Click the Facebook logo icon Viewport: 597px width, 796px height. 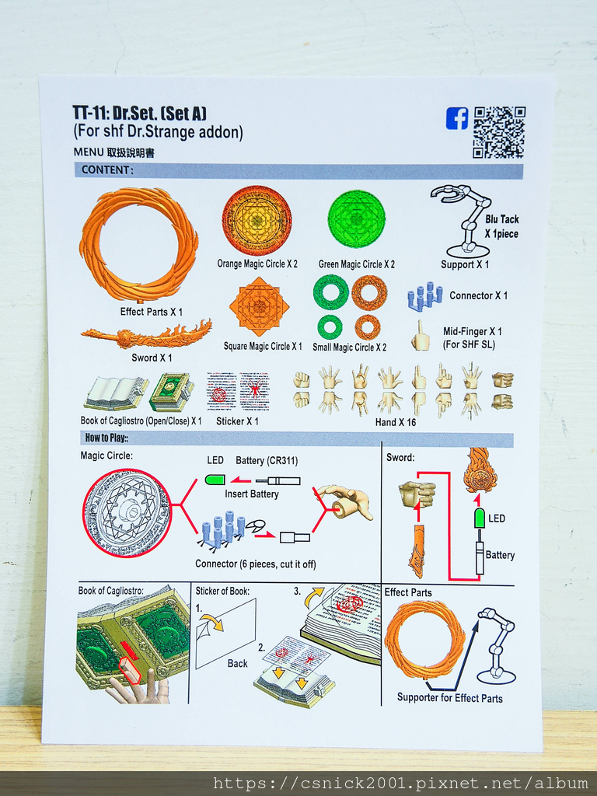(x=457, y=118)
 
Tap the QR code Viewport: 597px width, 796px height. (x=499, y=132)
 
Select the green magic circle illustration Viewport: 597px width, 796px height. (x=356, y=218)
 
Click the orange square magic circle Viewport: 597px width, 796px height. (x=259, y=306)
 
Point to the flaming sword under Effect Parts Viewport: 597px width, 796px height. (x=146, y=333)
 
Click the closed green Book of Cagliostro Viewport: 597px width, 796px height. (x=172, y=392)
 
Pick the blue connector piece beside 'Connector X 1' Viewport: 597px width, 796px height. (x=424, y=295)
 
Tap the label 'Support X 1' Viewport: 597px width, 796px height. (x=465, y=264)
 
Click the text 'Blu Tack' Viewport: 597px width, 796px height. (x=501, y=219)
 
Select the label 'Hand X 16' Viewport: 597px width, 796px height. (x=396, y=422)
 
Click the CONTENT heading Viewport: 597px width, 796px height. (x=107, y=170)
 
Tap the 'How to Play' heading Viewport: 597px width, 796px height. (x=106, y=438)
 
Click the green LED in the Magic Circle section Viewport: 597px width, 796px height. (x=215, y=479)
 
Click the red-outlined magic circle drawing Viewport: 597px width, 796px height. (x=127, y=513)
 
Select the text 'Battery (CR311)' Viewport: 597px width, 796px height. (x=267, y=460)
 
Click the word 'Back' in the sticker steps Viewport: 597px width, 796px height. (x=237, y=664)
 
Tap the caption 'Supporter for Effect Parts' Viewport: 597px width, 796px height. (x=450, y=698)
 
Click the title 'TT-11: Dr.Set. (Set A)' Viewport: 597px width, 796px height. (x=140, y=113)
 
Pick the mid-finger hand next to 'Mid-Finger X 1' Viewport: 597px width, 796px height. (x=421, y=336)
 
